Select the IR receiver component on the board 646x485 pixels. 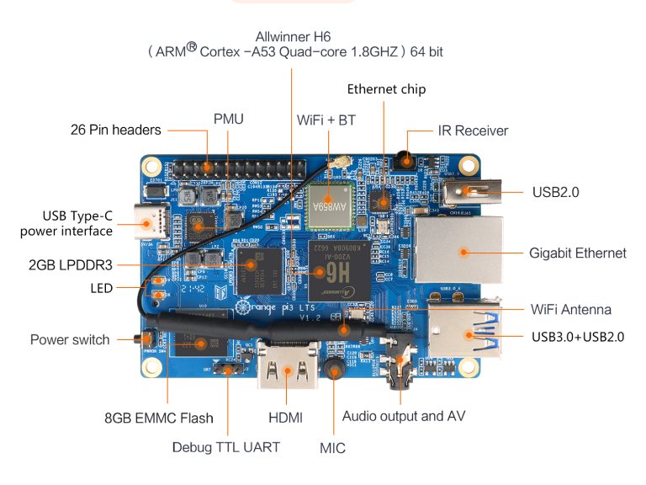(x=406, y=158)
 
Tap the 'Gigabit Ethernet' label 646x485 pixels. (x=577, y=253)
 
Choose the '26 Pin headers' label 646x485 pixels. (x=115, y=131)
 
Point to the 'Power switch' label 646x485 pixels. (x=70, y=340)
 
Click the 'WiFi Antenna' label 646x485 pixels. (x=571, y=309)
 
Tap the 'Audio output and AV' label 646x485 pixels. (x=403, y=416)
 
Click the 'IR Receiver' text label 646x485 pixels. (x=473, y=131)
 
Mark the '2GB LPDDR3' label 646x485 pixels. (x=71, y=264)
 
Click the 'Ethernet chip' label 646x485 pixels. (x=386, y=89)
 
